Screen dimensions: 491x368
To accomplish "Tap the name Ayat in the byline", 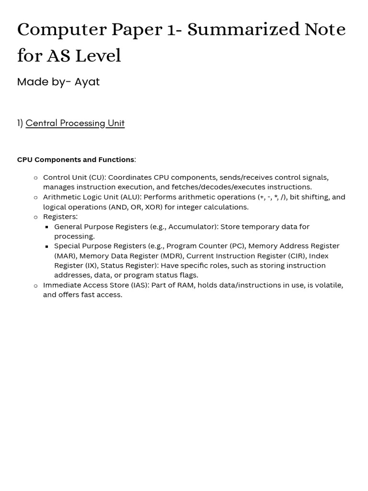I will (87, 82).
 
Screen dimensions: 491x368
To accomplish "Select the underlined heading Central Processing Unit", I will (75, 123).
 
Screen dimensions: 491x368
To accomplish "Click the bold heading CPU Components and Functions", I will (76, 160).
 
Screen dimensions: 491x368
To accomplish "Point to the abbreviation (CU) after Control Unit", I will (97, 177).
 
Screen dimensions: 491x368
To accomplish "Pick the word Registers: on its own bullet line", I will (60, 217).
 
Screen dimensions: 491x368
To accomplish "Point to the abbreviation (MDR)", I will (172, 256).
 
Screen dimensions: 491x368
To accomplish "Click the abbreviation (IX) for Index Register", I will (91, 266).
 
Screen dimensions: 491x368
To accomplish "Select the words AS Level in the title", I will (84, 56).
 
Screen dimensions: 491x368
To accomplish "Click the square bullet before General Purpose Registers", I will (47, 227).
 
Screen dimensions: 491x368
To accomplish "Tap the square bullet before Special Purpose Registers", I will (47, 246).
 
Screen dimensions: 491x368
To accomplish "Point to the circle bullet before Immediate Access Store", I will (35, 286).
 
